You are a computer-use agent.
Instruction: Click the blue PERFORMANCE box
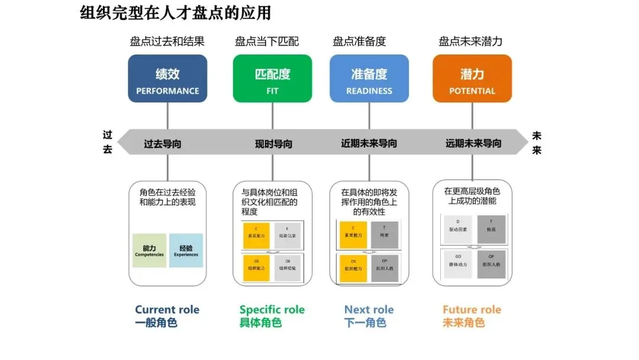pos(167,79)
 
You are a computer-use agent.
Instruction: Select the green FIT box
pos(272,79)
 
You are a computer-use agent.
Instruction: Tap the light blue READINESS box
pos(369,79)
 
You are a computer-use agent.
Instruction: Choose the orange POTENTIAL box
pos(472,79)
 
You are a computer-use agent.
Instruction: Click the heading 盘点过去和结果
pos(167,41)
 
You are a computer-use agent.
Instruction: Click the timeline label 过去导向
pos(163,143)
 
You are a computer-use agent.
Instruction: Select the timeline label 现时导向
pos(273,144)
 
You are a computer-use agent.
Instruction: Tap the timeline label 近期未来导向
pos(369,143)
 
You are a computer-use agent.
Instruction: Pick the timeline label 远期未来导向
pos(473,143)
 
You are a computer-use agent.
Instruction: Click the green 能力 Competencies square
pos(149,250)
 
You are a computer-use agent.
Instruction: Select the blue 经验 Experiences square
pos(186,250)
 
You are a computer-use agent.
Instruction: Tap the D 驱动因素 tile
pos(458,230)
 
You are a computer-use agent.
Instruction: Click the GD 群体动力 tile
pos(458,261)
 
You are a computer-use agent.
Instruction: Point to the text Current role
pos(167,310)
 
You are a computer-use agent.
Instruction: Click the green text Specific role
pos(272,310)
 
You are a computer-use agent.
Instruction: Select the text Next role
pos(369,310)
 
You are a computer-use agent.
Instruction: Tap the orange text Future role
pos(472,310)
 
